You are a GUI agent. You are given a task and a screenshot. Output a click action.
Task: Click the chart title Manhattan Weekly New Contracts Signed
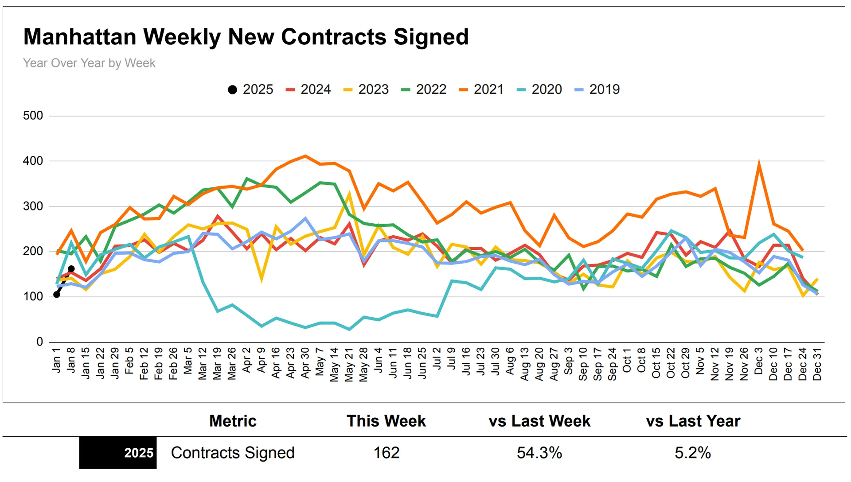click(246, 37)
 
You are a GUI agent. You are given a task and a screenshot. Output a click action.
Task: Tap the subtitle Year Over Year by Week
click(89, 63)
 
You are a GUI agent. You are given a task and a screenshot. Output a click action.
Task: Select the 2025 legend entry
click(250, 89)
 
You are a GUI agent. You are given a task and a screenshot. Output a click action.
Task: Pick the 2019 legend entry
click(597, 89)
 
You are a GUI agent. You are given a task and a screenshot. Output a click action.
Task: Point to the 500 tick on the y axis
click(33, 116)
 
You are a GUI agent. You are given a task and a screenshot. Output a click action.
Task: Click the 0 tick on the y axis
click(39, 342)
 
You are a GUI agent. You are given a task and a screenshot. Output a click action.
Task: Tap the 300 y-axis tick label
click(33, 206)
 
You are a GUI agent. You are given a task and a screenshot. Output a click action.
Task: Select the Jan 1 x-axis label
click(56, 360)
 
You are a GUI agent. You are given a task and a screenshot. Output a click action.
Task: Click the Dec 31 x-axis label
click(817, 364)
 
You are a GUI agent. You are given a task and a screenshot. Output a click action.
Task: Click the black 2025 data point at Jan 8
click(71, 269)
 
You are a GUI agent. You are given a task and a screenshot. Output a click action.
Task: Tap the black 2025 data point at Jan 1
click(57, 295)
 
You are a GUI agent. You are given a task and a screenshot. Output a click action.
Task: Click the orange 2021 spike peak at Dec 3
click(759, 163)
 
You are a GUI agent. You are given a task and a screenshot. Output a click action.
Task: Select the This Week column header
click(386, 421)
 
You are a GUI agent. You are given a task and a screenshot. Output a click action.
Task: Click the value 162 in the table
click(386, 453)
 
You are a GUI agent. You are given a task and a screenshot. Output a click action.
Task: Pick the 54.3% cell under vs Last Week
click(539, 453)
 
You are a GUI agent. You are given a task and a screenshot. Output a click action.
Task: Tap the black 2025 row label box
click(118, 453)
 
